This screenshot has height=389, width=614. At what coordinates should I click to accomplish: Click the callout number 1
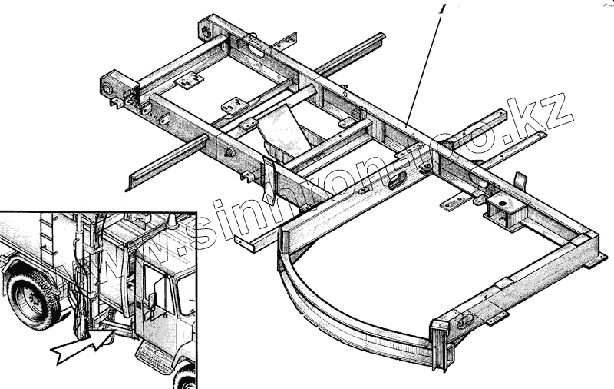coord(441,10)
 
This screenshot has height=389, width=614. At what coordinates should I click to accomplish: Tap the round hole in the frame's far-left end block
coord(108,86)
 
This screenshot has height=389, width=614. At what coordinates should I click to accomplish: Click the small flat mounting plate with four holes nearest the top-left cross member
coord(188,79)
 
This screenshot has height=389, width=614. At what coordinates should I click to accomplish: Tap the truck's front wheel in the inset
coord(184,377)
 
